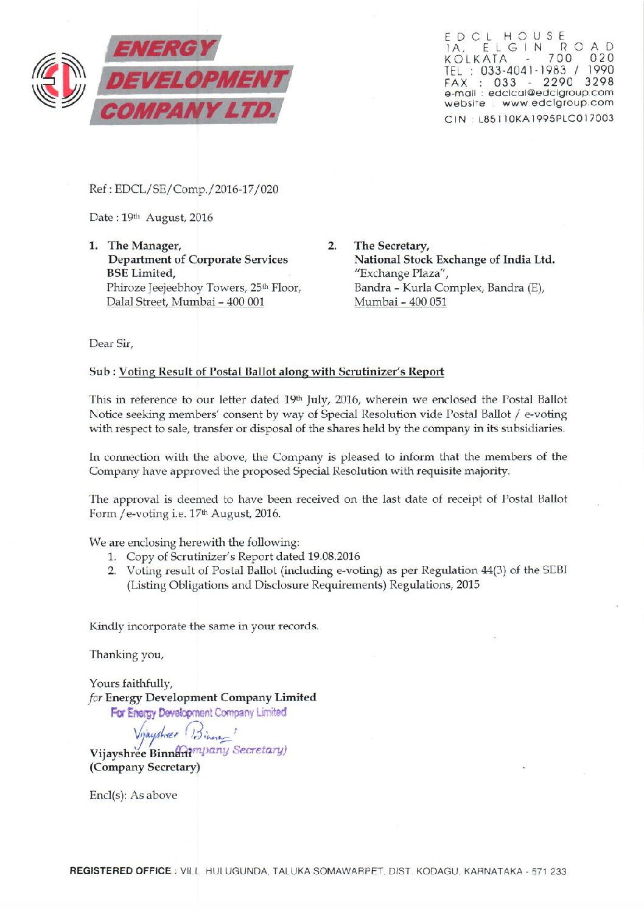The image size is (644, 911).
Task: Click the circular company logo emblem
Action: click(x=58, y=80)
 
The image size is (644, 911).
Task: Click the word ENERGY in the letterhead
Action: click(x=163, y=49)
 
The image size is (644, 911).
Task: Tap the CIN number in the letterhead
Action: click(x=545, y=119)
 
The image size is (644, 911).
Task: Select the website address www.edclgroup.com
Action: click(x=558, y=103)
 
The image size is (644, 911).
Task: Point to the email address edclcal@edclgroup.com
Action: click(x=550, y=93)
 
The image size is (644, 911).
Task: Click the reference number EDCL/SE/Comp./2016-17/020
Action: click(x=196, y=189)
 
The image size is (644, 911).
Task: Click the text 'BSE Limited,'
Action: click(x=141, y=273)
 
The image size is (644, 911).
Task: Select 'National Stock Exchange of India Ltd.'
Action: click(x=454, y=260)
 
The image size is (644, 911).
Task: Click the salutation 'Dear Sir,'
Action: click(x=111, y=344)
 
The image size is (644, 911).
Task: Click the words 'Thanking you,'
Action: click(x=127, y=655)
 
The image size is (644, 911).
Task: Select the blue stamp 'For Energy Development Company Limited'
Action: click(x=198, y=712)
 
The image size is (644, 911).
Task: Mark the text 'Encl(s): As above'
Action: click(x=133, y=795)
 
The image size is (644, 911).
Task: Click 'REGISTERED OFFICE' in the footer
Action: click(x=120, y=871)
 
